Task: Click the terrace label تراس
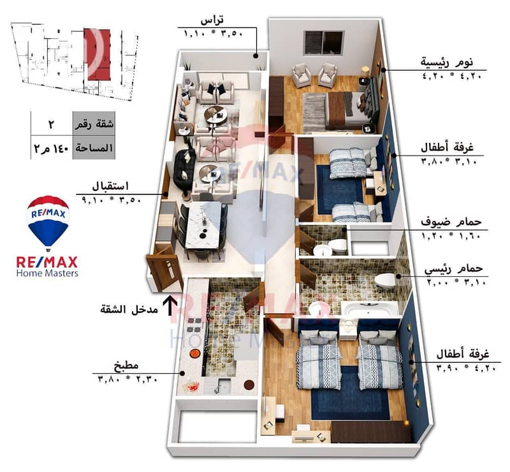point(212,20)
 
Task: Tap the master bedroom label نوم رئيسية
point(447,62)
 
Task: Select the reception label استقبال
point(110,186)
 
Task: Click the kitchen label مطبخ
point(126,365)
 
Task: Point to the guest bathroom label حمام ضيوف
point(451,222)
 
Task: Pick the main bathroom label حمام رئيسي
point(453,269)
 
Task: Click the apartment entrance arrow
point(170,306)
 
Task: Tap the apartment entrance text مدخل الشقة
point(129,309)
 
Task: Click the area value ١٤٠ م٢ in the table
point(51,148)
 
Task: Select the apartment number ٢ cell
point(51,124)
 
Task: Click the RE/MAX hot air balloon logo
point(48,223)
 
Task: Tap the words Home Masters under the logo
point(47,273)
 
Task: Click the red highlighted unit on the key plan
point(97,54)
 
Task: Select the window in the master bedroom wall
point(323,43)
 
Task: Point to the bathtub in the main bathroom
point(370,308)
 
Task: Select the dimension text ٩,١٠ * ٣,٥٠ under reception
point(111,199)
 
